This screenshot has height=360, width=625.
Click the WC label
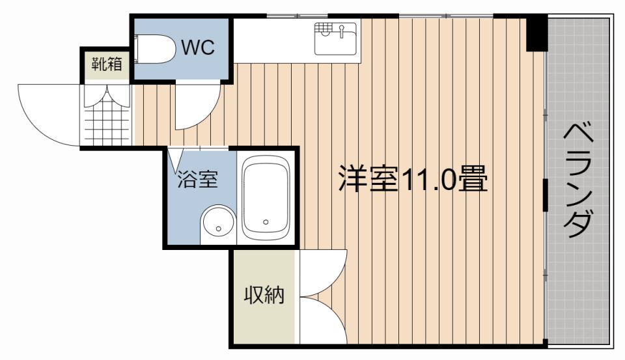[198, 48]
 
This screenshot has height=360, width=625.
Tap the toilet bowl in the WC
[156, 49]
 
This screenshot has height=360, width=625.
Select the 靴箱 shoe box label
[107, 64]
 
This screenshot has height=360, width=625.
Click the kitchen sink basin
[336, 38]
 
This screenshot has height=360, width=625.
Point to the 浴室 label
[198, 178]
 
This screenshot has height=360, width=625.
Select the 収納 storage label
[264, 295]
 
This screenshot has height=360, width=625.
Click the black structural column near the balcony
[537, 33]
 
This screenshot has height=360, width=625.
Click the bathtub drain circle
[266, 222]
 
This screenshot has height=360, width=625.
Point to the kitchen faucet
[342, 31]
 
